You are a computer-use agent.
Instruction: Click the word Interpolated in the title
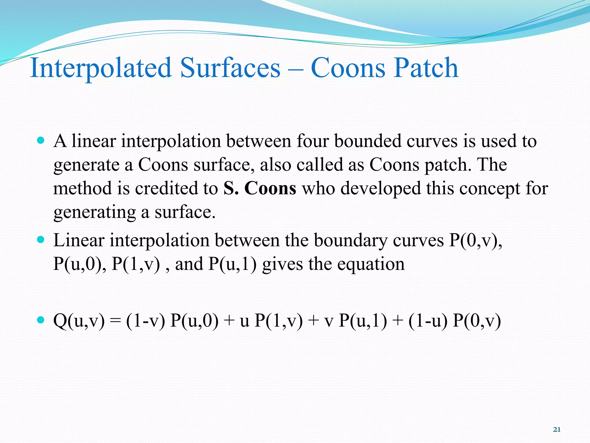click(x=101, y=68)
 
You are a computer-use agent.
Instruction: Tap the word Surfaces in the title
click(x=230, y=68)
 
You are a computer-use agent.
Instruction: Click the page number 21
click(x=557, y=430)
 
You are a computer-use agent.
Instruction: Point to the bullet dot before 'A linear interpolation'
click(x=41, y=141)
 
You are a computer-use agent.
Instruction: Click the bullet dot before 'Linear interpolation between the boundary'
click(x=41, y=240)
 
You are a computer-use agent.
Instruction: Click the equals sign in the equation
click(x=116, y=321)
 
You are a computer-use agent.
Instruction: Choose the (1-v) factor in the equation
click(x=145, y=321)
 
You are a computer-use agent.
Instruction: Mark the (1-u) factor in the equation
click(x=428, y=321)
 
